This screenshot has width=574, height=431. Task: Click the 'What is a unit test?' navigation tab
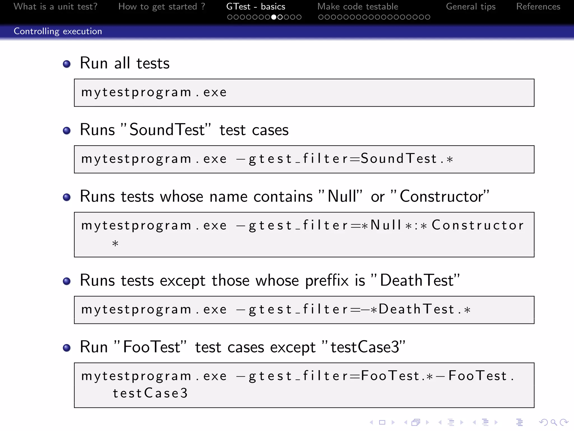pos(55,6)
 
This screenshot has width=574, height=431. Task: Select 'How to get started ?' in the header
pos(162,6)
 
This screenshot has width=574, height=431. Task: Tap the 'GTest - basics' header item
pos(256,6)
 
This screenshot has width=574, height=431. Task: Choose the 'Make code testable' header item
pos(358,6)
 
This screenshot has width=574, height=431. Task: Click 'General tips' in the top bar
pos(471,6)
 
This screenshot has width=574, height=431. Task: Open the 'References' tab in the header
pos(538,6)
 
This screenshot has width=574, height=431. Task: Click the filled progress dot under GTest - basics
pos(274,17)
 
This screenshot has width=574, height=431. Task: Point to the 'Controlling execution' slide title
pos(58,31)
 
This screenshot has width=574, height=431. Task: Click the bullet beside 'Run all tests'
pos(67,64)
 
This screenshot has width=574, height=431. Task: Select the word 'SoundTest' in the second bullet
pos(167,130)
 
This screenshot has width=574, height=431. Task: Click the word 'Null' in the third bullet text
pos(342,196)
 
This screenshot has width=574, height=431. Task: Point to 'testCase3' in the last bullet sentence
pos(365,347)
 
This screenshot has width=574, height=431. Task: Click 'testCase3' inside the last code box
pos(150,393)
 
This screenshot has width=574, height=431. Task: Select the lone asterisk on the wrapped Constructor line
pos(115,243)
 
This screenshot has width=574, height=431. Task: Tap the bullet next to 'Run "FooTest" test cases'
pos(67,348)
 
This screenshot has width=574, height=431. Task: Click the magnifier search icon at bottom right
pos(554,422)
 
